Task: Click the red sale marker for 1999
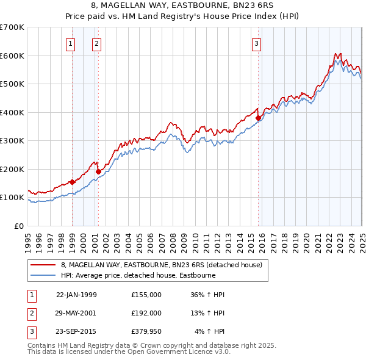(72, 181)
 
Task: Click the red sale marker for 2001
(98, 171)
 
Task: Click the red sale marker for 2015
(258, 118)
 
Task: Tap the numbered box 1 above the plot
(71, 43)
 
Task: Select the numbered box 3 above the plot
(257, 43)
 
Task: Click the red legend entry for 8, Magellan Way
(162, 265)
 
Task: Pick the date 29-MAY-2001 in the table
(76, 313)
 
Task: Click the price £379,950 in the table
(146, 331)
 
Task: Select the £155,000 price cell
(146, 295)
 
